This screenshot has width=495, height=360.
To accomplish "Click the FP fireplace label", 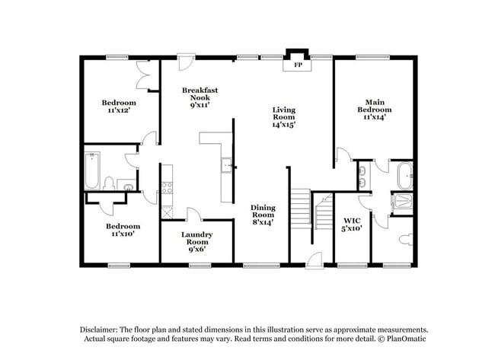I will [299, 65].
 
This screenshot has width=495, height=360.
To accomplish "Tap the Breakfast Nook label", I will [200, 97].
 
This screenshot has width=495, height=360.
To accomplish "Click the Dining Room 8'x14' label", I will [263, 214].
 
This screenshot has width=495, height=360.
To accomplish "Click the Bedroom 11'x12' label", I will [119, 107].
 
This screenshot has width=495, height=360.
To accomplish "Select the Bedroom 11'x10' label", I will [123, 231].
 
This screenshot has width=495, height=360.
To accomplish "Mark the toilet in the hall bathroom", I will [109, 183].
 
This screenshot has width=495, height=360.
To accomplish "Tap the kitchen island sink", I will [225, 167].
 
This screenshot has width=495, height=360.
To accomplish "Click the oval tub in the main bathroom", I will [405, 177].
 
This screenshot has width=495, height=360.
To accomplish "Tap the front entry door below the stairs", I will [311, 259].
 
